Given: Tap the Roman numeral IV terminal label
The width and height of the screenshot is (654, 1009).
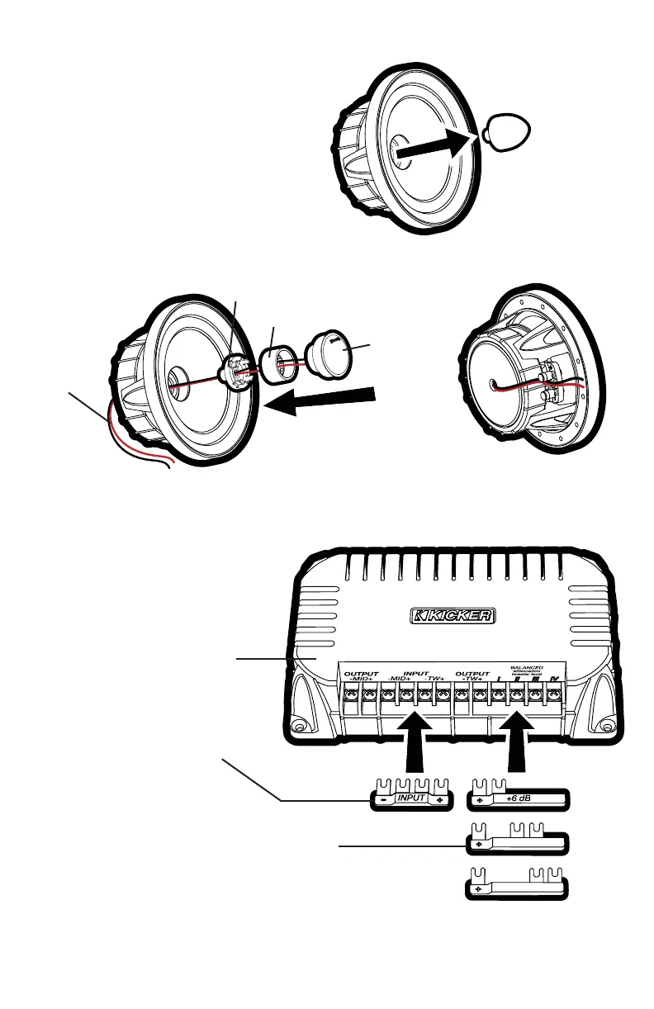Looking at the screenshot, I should [553, 679].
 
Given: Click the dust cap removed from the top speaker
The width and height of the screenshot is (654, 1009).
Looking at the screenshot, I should [502, 133].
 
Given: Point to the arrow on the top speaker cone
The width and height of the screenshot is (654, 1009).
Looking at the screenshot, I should [434, 149].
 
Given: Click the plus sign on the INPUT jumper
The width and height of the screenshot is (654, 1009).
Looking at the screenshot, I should [441, 800].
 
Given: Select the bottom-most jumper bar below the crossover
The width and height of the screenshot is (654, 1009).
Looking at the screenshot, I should [516, 888].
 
